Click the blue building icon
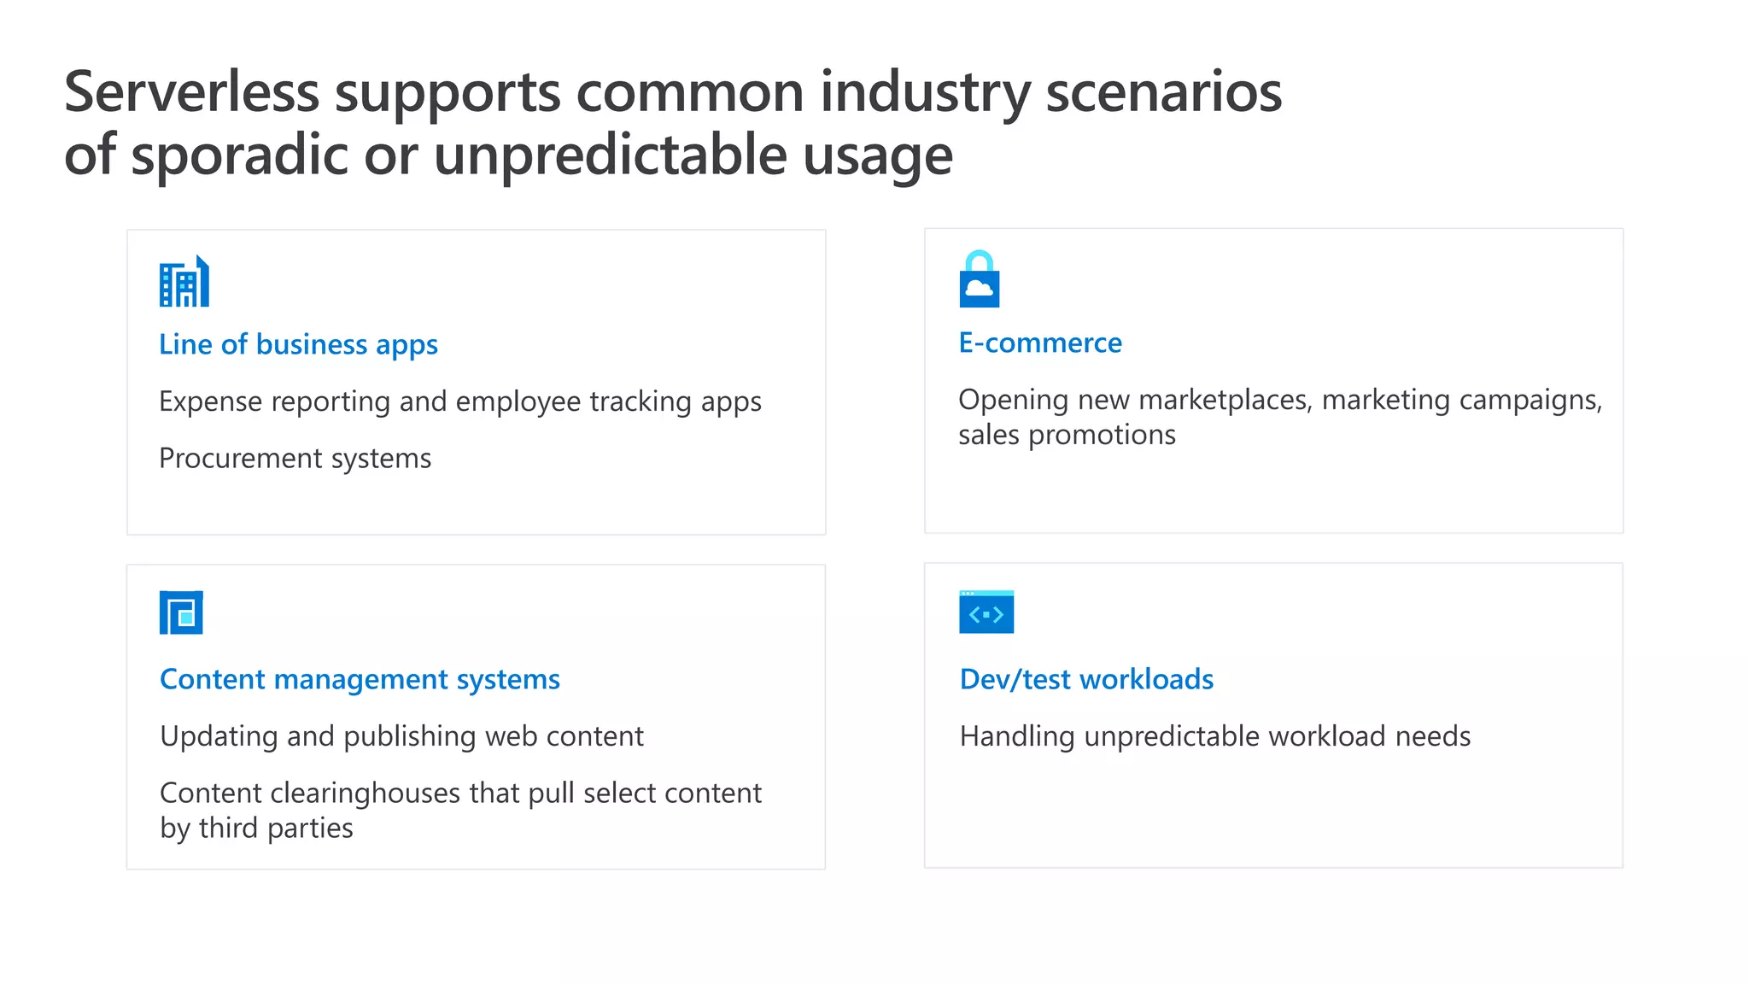click(184, 282)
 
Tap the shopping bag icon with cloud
click(979, 280)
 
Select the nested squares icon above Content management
click(181, 612)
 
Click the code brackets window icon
click(986, 612)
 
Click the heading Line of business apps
click(298, 344)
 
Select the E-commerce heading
click(1040, 343)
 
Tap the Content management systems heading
click(360, 679)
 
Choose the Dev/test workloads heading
click(1086, 679)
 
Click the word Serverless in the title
click(191, 92)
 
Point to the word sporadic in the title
click(240, 155)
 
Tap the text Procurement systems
click(295, 459)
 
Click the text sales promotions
click(1067, 435)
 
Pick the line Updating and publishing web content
click(401, 736)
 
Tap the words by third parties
click(256, 829)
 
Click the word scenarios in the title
click(1163, 92)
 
